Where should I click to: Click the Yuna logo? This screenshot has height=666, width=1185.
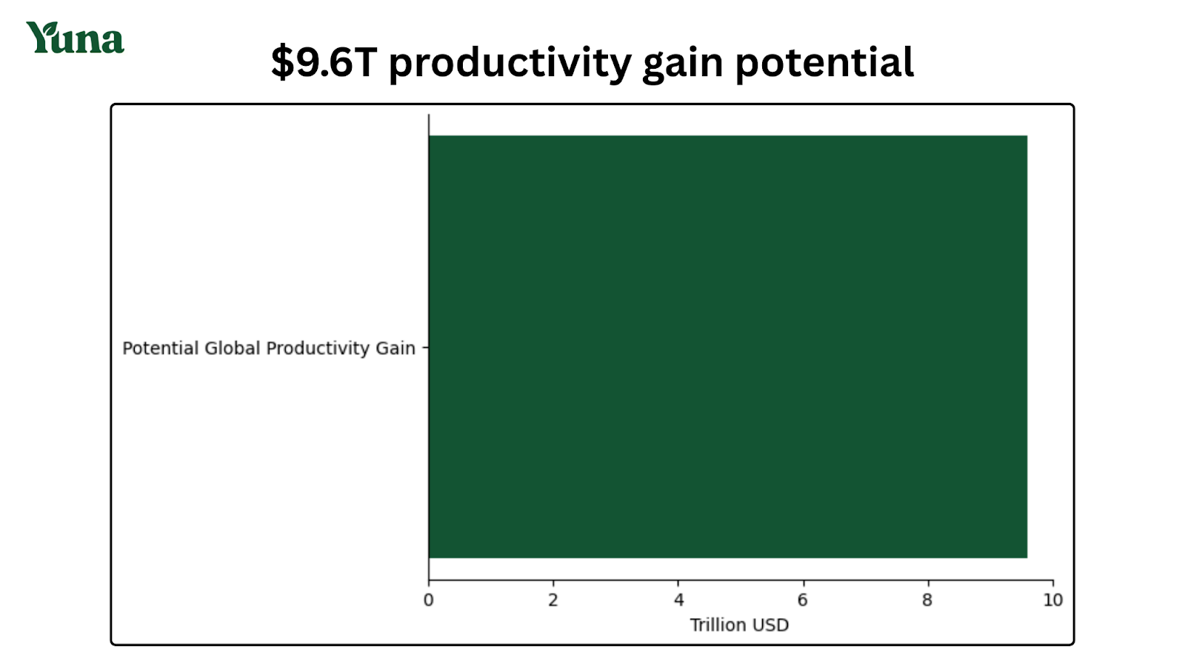pos(75,38)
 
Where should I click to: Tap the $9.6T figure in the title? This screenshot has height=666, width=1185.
pos(324,62)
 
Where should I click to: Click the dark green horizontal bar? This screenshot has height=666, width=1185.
pos(727,346)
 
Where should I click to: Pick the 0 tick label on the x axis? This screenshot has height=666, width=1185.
pos(428,600)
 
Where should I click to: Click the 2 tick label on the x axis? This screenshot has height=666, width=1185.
pos(553,600)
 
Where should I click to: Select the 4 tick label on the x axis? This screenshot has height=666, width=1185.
pos(678,600)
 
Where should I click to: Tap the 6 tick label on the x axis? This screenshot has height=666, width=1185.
pos(803,600)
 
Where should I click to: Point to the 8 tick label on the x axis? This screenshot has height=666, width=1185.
pos(927,600)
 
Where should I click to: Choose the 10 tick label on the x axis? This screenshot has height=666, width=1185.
pos(1052,600)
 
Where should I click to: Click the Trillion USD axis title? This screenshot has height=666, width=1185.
pos(739,625)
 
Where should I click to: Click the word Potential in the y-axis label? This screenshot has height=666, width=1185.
pos(160,349)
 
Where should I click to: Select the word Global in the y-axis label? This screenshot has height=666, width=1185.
pos(232,349)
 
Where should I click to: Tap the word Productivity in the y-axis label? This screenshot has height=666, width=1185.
pos(317,349)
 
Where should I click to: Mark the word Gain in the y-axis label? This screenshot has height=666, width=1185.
pos(395,349)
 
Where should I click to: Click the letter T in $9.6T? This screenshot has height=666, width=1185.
pos(366,62)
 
